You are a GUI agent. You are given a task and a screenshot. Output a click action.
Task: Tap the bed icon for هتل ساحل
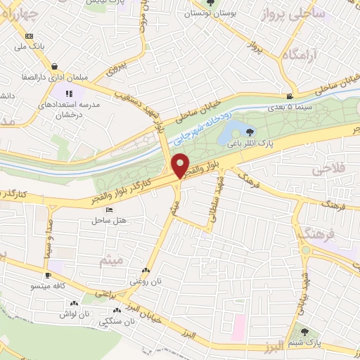pyautogui.click(x=108, y=210)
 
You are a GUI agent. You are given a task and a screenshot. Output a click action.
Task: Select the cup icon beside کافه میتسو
pyautogui.click(x=48, y=276)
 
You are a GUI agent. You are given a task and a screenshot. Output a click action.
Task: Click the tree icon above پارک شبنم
pyautogui.click(x=304, y=332)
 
